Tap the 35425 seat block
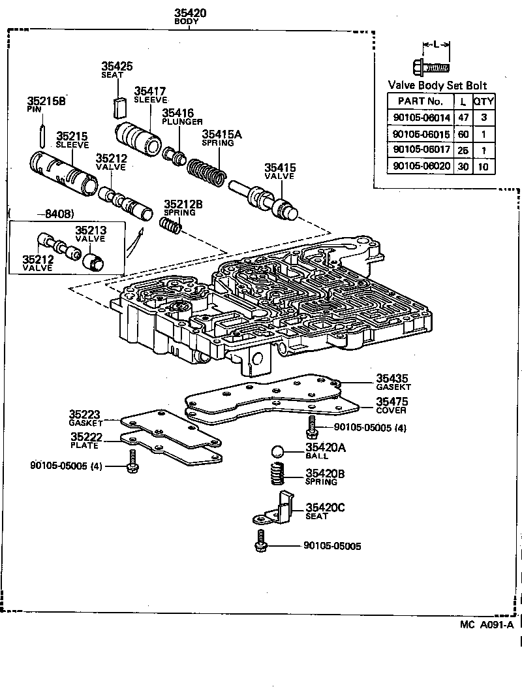(118, 104)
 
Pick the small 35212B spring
(170, 227)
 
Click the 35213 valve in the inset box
(95, 257)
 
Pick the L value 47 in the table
(463, 117)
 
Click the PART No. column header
(420, 101)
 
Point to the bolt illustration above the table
(430, 66)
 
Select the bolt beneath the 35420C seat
(262, 541)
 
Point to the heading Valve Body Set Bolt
(437, 86)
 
